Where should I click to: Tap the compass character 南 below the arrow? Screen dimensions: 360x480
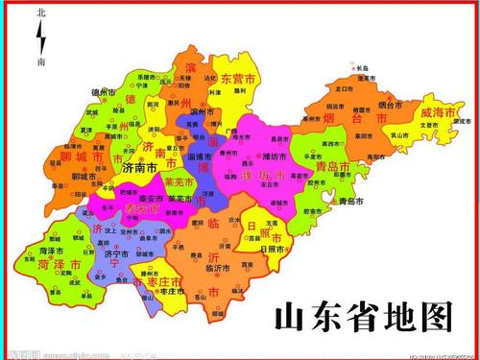[x=40, y=61]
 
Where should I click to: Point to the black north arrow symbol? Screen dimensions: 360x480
[x=40, y=38]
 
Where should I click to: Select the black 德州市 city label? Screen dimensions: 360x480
[x=103, y=92]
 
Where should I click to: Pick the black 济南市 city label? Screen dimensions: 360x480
[x=141, y=167]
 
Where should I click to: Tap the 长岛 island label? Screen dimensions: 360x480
[x=360, y=69]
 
